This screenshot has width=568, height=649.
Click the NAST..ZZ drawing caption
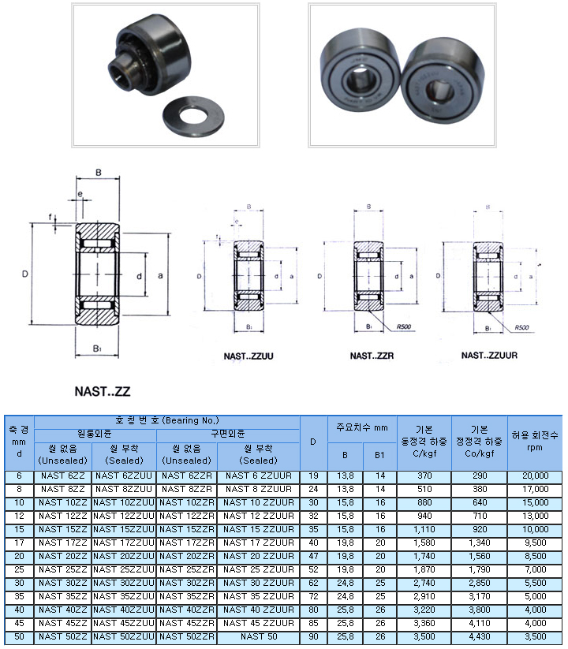(x=103, y=390)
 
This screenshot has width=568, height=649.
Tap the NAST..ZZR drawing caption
(x=372, y=356)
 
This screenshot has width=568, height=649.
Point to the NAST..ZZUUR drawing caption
(x=489, y=356)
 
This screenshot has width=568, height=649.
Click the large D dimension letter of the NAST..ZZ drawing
(x=25, y=274)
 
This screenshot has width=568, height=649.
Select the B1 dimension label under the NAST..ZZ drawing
(x=97, y=348)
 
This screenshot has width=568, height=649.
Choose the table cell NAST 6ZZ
(x=62, y=476)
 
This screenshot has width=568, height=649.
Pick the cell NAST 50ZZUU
(x=124, y=636)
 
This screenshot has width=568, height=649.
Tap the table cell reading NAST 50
(x=258, y=636)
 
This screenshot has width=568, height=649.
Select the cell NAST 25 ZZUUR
(x=258, y=569)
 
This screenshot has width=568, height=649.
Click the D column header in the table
(x=313, y=442)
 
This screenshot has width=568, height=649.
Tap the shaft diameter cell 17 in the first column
(x=19, y=543)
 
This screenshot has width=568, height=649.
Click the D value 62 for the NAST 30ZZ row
(x=313, y=582)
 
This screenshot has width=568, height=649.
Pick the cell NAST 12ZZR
(x=187, y=516)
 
